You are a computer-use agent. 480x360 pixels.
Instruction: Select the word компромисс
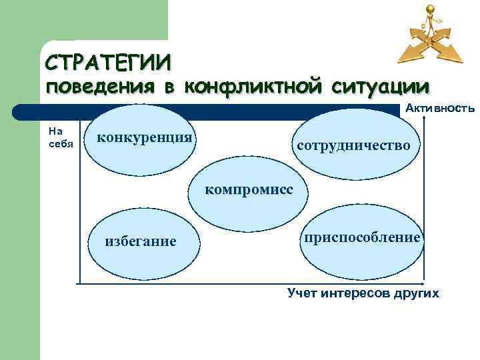point(249,189)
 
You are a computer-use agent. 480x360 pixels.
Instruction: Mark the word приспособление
point(361,237)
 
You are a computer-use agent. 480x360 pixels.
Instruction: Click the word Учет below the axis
point(302,293)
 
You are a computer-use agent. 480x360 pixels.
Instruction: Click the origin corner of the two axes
point(79,283)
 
